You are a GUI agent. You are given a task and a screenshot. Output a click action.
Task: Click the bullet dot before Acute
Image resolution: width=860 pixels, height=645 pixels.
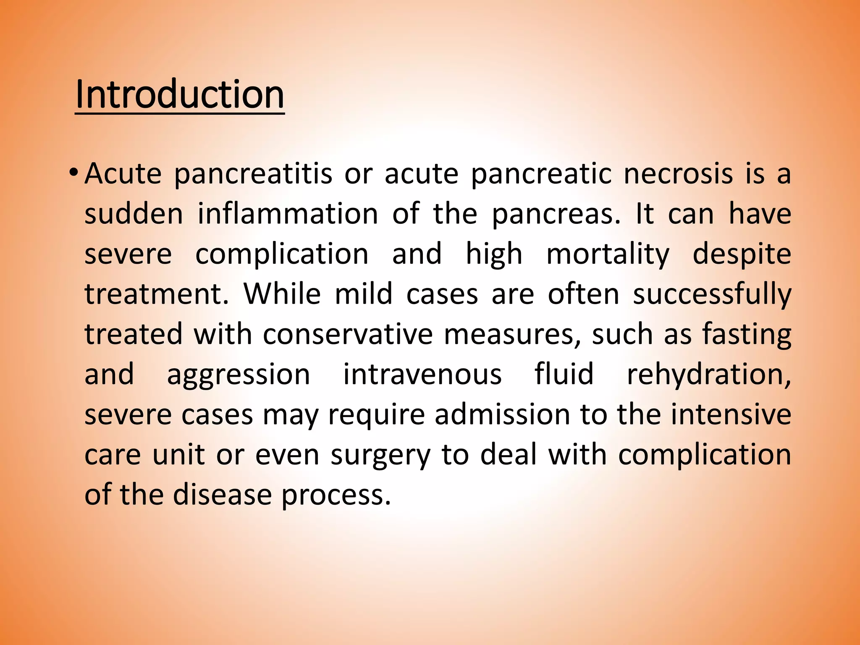point(73,173)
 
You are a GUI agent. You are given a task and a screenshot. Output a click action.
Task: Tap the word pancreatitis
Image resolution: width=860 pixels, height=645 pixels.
point(253,174)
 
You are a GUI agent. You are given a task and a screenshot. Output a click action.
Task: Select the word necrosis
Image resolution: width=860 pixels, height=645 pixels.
point(678,173)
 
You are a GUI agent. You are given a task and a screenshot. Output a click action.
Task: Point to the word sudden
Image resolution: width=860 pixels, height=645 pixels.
point(134,214)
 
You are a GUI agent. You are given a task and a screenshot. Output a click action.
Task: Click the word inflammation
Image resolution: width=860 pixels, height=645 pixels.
point(288,214)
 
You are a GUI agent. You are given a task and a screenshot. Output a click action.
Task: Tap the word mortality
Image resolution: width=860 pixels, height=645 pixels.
point(608,254)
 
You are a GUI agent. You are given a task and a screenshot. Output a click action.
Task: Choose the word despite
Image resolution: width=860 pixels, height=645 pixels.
point(742,254)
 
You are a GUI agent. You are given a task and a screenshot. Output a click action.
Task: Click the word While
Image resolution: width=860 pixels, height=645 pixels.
point(282,294)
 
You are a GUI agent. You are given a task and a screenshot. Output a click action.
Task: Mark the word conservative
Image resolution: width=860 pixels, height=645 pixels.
point(348,334)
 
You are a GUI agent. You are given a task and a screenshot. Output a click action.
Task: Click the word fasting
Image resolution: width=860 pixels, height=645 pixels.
point(747,335)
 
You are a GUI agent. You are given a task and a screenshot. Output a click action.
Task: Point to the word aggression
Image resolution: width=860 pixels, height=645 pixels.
point(239,375)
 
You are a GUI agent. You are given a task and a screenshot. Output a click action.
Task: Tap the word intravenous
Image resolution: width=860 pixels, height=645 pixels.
point(422,374)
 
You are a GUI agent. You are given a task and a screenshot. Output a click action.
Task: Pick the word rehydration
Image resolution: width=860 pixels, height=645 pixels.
point(709,374)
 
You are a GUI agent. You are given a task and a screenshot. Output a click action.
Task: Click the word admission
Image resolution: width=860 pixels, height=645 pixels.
point(502,414)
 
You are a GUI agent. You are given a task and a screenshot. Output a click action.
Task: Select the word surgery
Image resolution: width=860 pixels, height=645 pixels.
point(380,456)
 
